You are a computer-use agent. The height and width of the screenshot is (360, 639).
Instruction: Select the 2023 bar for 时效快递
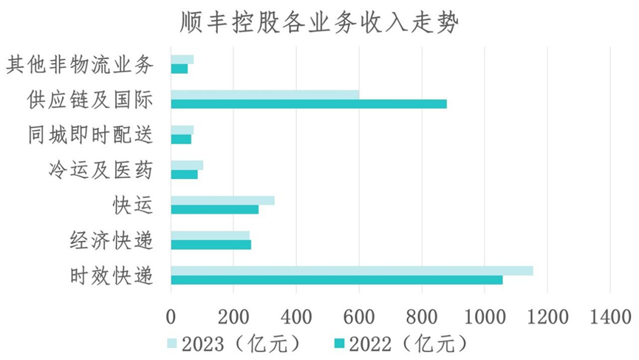coord(352,271)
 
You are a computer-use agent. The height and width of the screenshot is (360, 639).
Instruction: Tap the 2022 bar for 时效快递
coord(336,280)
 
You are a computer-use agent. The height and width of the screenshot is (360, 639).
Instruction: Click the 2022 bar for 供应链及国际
coord(308,104)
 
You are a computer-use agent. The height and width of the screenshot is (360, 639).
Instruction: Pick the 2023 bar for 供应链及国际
coord(264,95)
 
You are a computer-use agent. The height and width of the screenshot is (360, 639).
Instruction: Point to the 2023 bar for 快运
coord(222,200)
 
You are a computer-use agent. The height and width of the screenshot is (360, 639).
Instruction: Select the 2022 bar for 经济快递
coord(211,245)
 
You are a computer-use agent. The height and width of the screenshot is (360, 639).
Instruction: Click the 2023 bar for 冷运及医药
coord(187,165)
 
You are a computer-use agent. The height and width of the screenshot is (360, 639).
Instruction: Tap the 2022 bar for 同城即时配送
coord(181,139)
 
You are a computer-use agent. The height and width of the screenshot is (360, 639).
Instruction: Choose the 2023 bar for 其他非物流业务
coord(182,59)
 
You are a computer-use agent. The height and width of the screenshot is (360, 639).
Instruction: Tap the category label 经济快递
coord(112,240)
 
